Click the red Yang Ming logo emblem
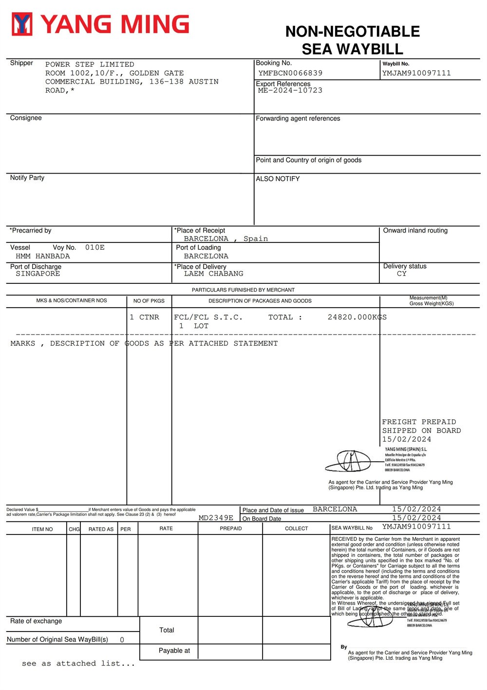coord(22,24)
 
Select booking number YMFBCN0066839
coord(290,73)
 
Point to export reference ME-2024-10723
coord(290,91)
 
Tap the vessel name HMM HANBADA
coord(43,256)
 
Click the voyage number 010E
coord(95,248)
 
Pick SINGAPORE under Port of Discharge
coord(38,274)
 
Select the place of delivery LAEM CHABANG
coord(213,274)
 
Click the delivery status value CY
coord(401,274)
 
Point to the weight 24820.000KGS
coord(357,317)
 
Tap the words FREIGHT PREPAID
coord(419,422)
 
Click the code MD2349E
coord(216,518)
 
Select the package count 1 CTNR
coord(144,317)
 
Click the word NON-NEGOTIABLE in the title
coord(352,32)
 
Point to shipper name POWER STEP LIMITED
coord(90,64)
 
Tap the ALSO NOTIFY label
coord(278,179)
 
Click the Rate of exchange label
coord(36,621)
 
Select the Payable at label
coord(174,651)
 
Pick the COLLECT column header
coord(296,529)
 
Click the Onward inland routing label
coord(415,231)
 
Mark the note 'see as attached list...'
coord(78,664)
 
